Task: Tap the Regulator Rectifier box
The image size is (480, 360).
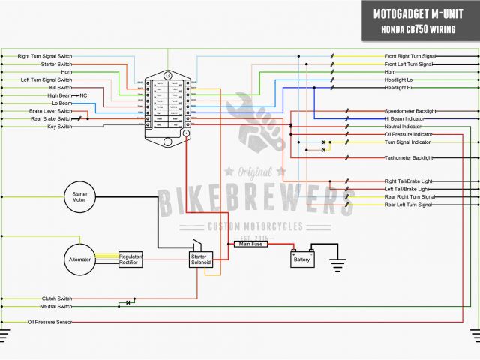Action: pos(130,259)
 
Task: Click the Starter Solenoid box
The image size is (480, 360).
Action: pos(199,259)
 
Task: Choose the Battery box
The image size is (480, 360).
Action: pos(302,259)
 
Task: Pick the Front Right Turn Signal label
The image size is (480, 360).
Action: pos(409,56)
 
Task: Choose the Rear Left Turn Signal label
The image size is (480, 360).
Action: pos(409,204)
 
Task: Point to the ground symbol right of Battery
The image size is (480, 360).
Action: pos(338,264)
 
